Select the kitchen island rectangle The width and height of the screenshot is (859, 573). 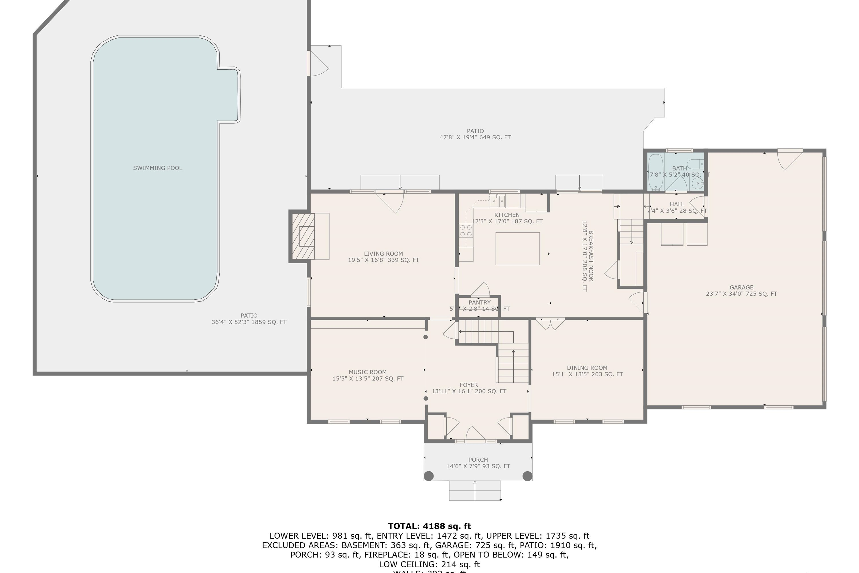click(x=517, y=248)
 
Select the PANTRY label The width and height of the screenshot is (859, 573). click(x=480, y=303)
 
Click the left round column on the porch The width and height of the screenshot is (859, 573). click(x=429, y=476)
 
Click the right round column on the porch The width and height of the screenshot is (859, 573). click(x=527, y=476)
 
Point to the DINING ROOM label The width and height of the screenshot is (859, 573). click(x=587, y=368)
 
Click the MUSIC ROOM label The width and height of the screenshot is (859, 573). click(x=367, y=372)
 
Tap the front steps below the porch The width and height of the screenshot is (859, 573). click(x=475, y=490)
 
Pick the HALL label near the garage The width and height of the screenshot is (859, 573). click(x=677, y=204)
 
